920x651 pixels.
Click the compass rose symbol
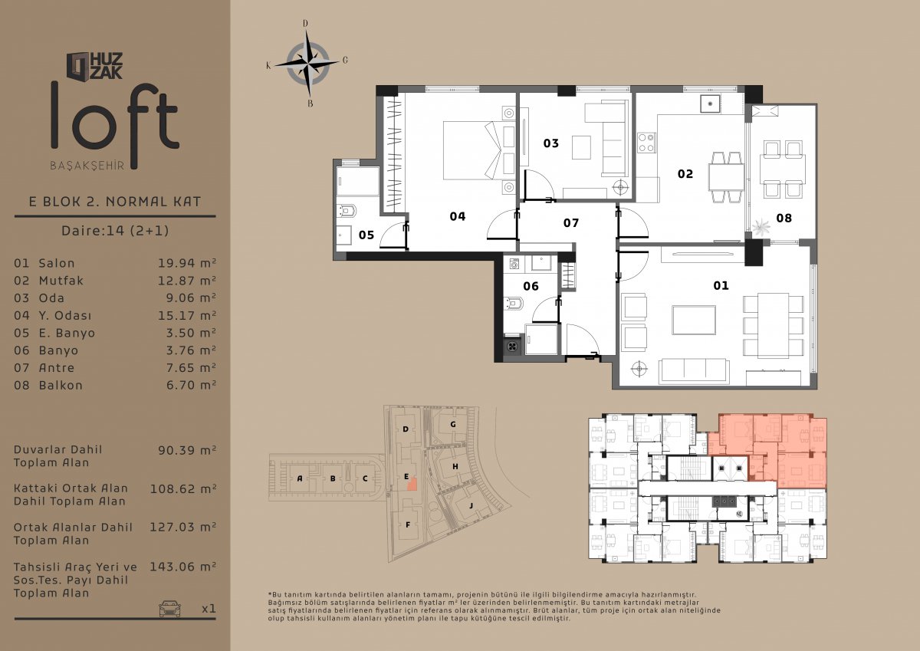point(307,63)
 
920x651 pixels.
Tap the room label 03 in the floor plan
point(550,143)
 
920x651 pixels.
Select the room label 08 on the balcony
point(784,218)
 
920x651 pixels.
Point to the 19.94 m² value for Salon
point(187,263)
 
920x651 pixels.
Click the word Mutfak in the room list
point(61,281)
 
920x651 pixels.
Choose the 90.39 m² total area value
point(187,450)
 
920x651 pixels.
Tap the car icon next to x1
point(169,608)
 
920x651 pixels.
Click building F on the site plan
point(408,524)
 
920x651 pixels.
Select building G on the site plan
point(453,424)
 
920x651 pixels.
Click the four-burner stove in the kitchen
point(646,143)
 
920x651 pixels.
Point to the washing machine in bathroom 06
point(514,264)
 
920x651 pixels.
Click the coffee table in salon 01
point(694,320)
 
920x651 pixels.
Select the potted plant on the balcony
point(761,226)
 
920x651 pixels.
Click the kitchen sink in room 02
point(710,104)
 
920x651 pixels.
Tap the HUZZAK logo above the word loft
point(95,66)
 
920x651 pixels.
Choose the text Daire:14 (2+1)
point(115,230)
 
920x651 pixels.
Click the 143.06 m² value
point(182,567)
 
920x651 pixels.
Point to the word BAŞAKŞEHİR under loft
point(87,166)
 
